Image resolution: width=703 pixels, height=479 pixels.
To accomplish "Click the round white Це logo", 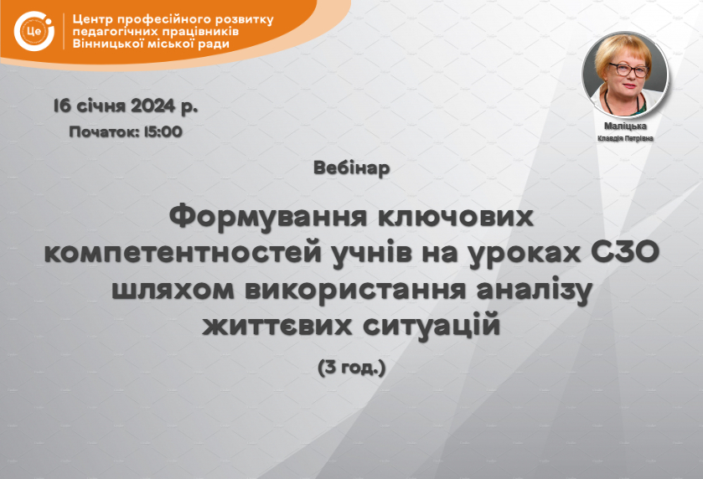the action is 34,31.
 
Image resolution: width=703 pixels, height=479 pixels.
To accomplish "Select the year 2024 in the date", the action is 152,106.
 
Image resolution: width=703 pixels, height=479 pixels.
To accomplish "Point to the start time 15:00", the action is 163,131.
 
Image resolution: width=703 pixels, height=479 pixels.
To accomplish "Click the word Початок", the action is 104,131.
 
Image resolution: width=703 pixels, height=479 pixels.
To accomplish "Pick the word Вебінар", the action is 352,168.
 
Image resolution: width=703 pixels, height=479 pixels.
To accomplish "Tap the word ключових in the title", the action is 456,216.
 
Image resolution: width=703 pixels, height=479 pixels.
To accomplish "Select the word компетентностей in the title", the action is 183,253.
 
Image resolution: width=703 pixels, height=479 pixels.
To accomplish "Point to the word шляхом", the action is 173,290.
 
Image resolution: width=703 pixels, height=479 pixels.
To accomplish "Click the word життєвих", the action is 277,326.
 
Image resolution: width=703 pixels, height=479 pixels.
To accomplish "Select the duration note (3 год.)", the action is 352,368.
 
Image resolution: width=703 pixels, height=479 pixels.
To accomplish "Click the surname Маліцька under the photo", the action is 625,126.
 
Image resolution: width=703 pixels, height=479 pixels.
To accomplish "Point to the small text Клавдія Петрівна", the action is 625,138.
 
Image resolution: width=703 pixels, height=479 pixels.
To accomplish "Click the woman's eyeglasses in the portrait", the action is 628,70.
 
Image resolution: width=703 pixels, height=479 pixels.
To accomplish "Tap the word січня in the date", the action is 101,106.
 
